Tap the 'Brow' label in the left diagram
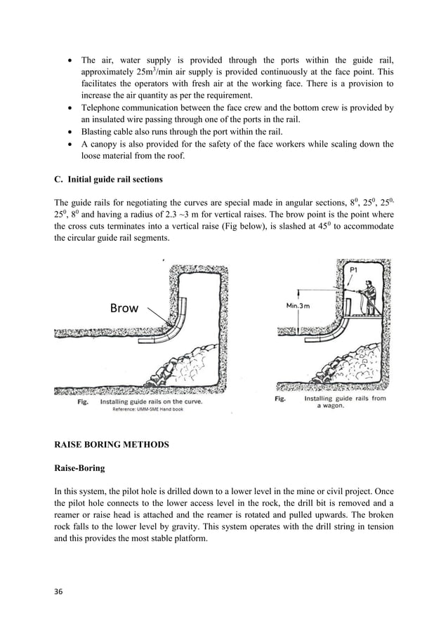[124, 307]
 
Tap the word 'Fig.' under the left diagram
[84, 402]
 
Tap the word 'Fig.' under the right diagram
[280, 399]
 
